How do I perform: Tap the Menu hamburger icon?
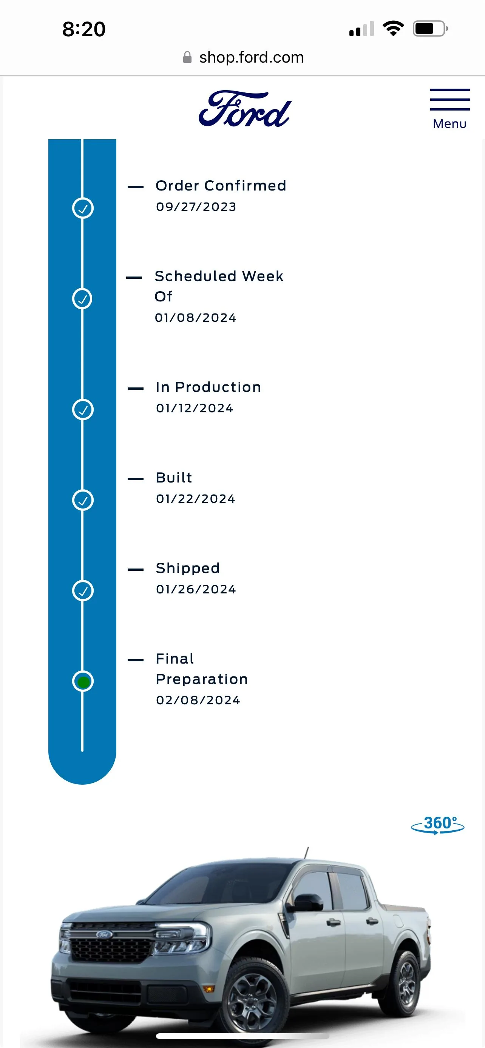pyautogui.click(x=449, y=100)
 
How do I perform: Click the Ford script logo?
pyautogui.click(x=245, y=109)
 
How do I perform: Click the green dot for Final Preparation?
pyautogui.click(x=83, y=682)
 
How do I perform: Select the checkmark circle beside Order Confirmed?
pyautogui.click(x=83, y=208)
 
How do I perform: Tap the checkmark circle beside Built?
pyautogui.click(x=83, y=500)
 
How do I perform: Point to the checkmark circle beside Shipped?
pyautogui.click(x=83, y=591)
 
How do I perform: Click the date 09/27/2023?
pyautogui.click(x=196, y=207)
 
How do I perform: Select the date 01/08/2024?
pyautogui.click(x=195, y=318)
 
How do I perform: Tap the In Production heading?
pyautogui.click(x=208, y=387)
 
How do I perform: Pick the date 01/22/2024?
pyautogui.click(x=195, y=499)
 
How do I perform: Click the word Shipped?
pyautogui.click(x=188, y=569)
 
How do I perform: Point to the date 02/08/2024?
pyautogui.click(x=198, y=700)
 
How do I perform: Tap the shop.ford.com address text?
pyautogui.click(x=252, y=57)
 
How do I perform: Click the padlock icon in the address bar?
pyautogui.click(x=187, y=57)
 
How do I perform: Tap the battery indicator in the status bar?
pyautogui.click(x=431, y=28)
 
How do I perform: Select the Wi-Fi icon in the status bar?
pyautogui.click(x=393, y=28)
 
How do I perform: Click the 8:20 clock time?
pyautogui.click(x=84, y=29)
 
